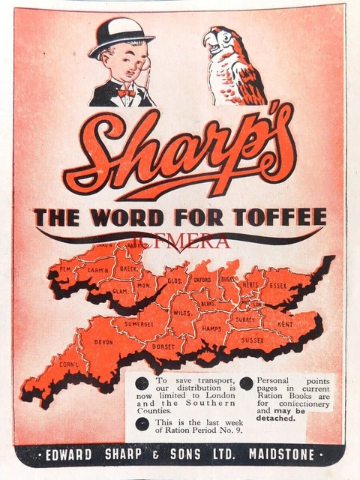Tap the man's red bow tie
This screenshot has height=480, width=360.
(125, 94)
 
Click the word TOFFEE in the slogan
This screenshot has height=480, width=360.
(281, 217)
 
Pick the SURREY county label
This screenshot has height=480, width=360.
(246, 318)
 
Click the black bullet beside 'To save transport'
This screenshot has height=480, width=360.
(142, 383)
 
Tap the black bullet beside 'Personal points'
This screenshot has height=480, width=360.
(246, 383)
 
